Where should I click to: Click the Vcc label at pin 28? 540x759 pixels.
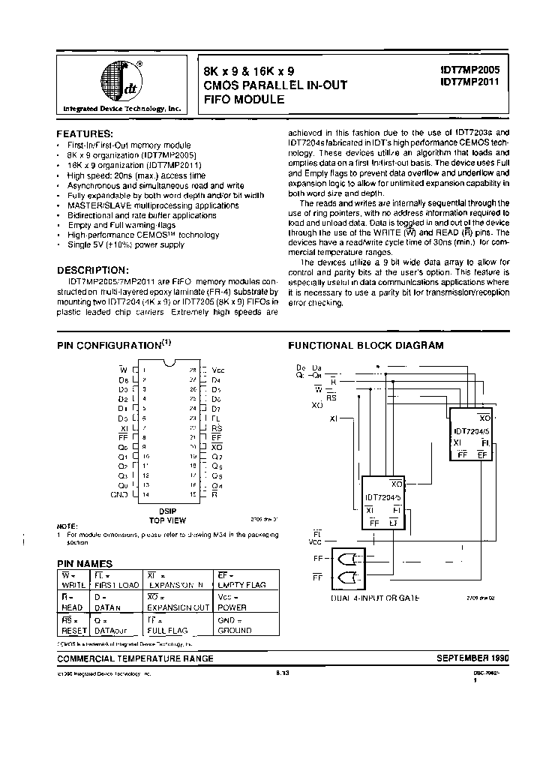218,370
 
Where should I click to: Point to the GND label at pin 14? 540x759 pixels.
120,495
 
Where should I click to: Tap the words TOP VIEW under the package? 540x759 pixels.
167,520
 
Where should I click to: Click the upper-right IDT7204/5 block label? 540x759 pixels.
471,432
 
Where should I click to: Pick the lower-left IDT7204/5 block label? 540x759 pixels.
383,498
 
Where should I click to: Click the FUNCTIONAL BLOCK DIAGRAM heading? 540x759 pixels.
366,346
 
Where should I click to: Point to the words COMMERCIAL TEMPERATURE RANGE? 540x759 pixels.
136,658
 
